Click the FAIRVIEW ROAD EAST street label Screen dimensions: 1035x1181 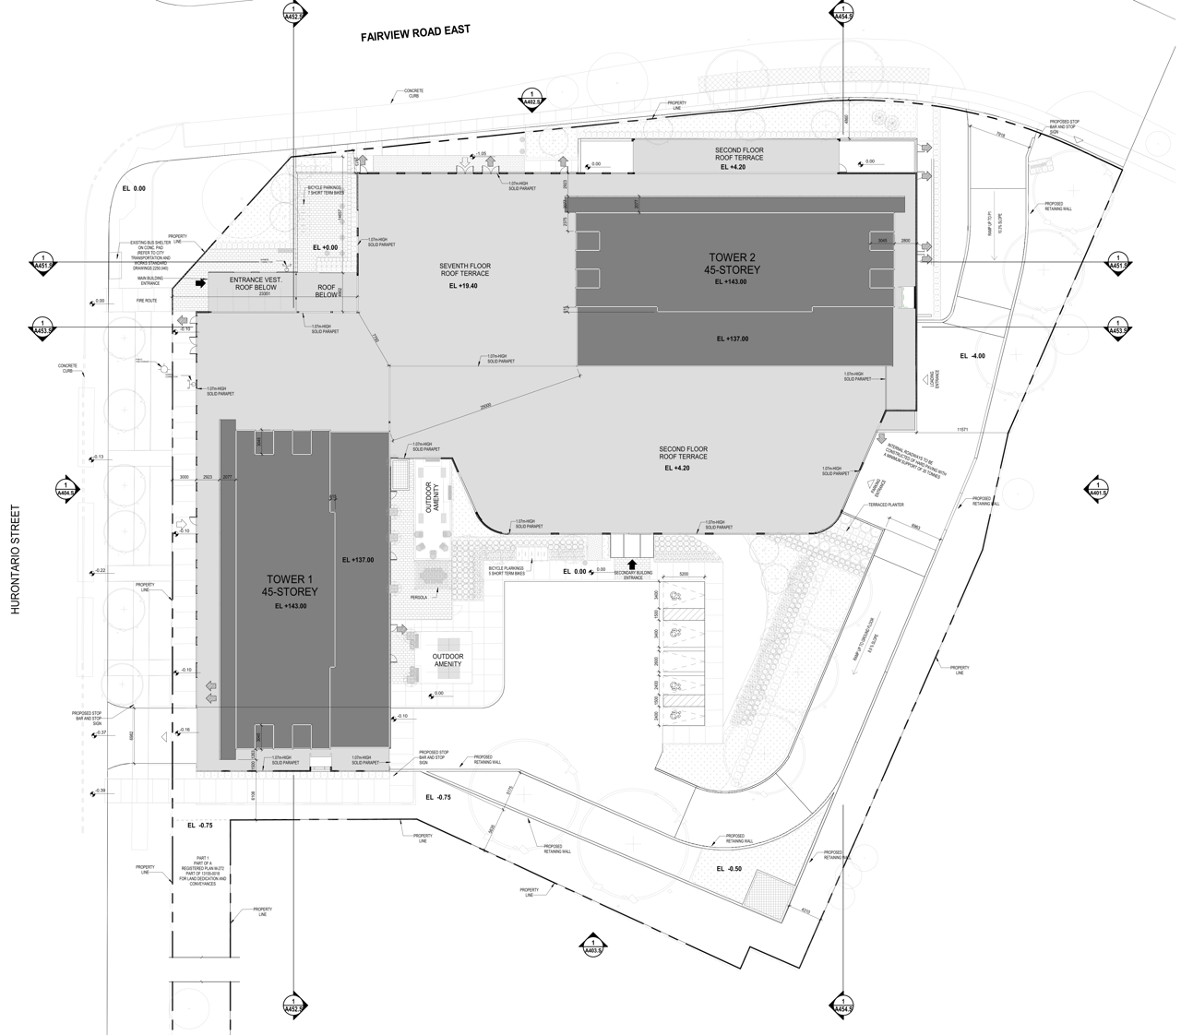pyautogui.click(x=415, y=34)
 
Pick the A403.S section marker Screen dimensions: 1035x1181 pyautogui.click(x=590, y=945)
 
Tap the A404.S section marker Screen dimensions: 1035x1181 pyautogui.click(x=65, y=489)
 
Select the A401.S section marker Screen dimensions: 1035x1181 pyautogui.click(x=1097, y=488)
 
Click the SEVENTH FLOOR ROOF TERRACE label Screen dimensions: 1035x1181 pyautogui.click(x=465, y=269)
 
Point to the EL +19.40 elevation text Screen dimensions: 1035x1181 pyautogui.click(x=465, y=286)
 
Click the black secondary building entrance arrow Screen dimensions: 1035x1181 pyautogui.click(x=632, y=564)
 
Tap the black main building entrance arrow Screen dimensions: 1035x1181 pyautogui.click(x=198, y=283)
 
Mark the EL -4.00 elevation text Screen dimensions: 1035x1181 pyautogui.click(x=972, y=356)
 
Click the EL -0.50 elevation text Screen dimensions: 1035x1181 pyautogui.click(x=729, y=869)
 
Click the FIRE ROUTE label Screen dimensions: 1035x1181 pyautogui.click(x=147, y=301)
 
